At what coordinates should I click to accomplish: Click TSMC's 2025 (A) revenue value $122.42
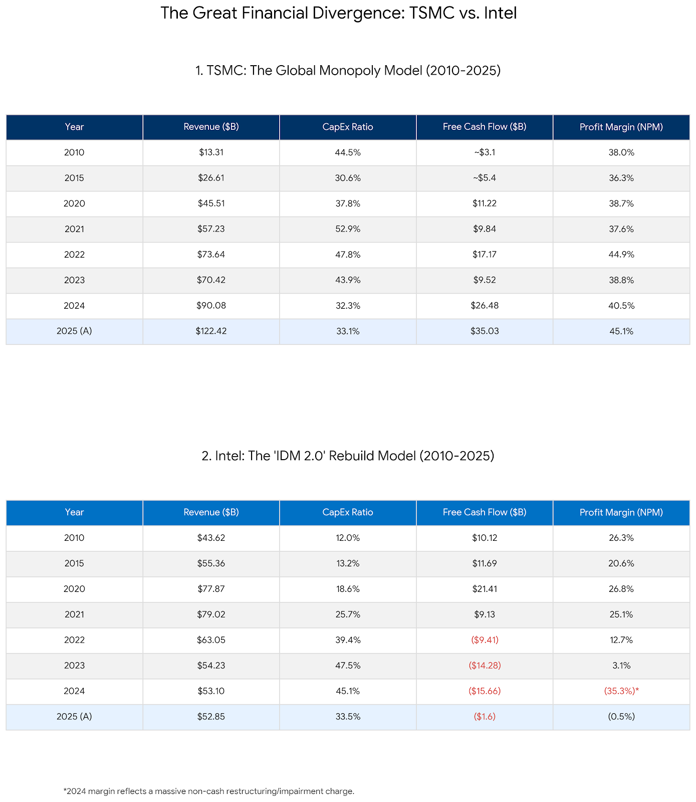pos(211,331)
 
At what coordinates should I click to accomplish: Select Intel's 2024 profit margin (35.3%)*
pos(621,691)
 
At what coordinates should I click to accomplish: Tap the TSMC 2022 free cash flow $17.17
pos(485,255)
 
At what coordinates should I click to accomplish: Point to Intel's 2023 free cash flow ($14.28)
pos(485,666)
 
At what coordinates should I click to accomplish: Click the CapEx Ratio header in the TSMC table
pos(348,127)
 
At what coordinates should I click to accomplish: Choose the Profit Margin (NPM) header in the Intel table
pos(621,512)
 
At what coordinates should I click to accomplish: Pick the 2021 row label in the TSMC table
pos(74,229)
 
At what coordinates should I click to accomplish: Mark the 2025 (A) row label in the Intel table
pos(74,717)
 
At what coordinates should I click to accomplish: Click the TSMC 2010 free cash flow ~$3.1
pos(485,152)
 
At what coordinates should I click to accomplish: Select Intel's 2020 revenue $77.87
pos(211,589)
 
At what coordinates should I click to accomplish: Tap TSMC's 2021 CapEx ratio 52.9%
pos(348,229)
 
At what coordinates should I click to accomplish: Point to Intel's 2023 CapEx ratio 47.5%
pos(348,666)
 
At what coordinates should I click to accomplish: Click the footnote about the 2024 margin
pos(209,791)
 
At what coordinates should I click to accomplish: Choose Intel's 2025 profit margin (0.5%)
pos(621,717)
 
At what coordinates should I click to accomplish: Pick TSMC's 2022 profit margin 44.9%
pos(621,255)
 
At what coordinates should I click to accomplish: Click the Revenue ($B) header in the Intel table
pos(211,512)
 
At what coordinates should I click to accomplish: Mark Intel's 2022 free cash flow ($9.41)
pos(485,640)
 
